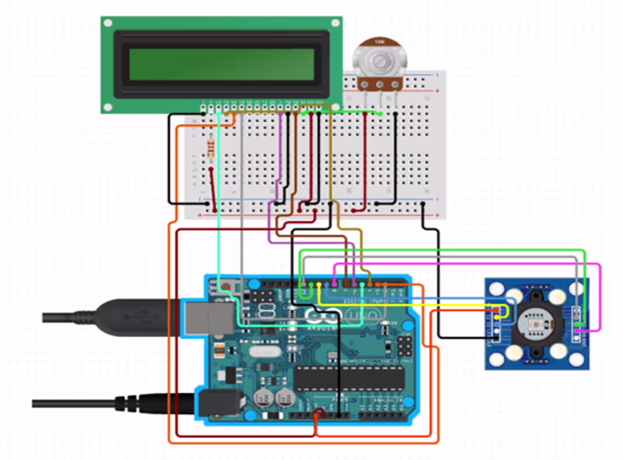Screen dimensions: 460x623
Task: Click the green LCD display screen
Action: point(221,64)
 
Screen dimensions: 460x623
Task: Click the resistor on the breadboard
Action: point(211,148)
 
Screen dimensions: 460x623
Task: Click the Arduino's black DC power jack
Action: point(218,403)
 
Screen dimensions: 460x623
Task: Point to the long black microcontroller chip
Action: point(349,378)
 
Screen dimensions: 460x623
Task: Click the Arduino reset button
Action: point(227,286)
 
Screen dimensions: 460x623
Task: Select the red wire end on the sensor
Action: point(497,310)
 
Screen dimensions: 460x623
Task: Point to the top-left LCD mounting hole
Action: point(108,23)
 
